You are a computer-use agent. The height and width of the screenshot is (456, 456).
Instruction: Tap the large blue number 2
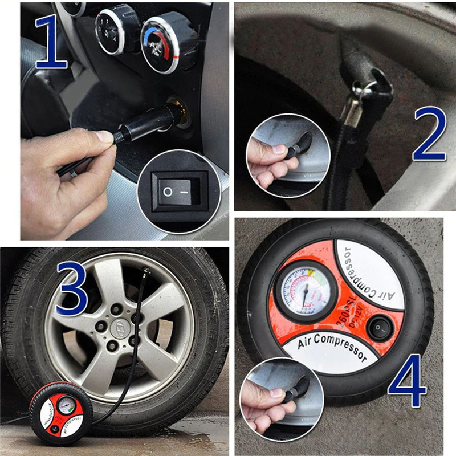click(x=429, y=132)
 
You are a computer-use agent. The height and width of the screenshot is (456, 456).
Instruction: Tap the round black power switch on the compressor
click(x=377, y=328)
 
